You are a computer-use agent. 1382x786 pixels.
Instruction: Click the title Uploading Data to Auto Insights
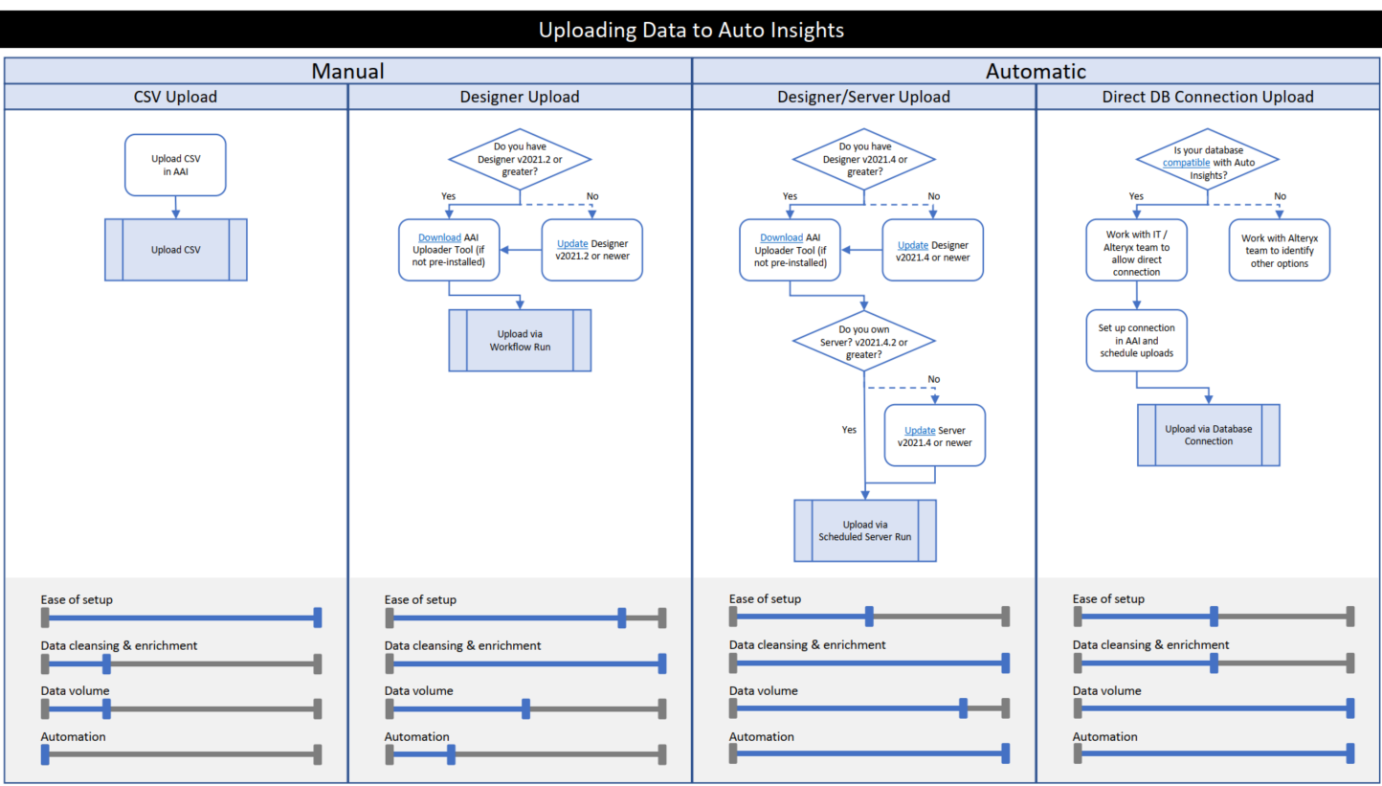click(x=691, y=30)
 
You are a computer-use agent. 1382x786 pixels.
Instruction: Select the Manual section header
click(x=347, y=71)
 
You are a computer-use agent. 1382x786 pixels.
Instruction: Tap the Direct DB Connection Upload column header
click(x=1208, y=97)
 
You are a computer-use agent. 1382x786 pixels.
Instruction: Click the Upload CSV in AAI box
click(x=175, y=165)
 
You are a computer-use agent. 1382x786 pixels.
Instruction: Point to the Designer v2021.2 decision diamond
click(x=520, y=159)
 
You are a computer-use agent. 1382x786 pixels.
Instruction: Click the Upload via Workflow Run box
click(x=520, y=340)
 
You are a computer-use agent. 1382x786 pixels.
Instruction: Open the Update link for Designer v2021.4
click(x=912, y=244)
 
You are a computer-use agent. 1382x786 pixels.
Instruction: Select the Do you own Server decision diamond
click(x=863, y=341)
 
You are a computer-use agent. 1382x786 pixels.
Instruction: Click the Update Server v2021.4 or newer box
click(x=934, y=436)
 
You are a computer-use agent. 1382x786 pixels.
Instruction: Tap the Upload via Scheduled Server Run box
click(x=864, y=530)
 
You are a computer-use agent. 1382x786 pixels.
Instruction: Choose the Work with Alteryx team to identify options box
click(x=1279, y=250)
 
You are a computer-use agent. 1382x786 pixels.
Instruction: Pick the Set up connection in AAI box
click(x=1136, y=340)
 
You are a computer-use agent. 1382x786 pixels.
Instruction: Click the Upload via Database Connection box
click(x=1208, y=435)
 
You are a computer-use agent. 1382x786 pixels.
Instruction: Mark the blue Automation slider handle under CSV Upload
click(x=45, y=754)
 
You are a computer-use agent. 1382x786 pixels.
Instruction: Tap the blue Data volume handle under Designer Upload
click(x=526, y=708)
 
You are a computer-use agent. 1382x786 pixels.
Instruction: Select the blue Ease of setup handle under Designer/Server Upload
click(x=868, y=617)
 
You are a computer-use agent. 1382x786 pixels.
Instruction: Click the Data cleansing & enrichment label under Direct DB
click(x=1150, y=645)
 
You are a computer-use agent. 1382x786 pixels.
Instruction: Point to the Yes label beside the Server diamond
click(x=848, y=430)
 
